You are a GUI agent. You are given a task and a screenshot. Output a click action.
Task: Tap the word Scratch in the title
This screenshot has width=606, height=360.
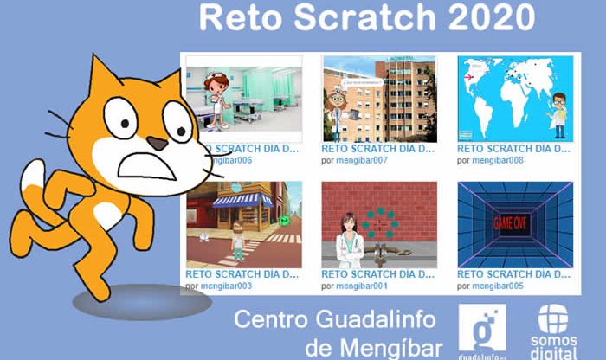(368, 18)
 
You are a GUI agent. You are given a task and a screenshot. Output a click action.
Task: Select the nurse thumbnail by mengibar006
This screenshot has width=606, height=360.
(244, 97)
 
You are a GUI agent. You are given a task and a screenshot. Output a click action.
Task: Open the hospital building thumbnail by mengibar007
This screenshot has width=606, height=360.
(379, 97)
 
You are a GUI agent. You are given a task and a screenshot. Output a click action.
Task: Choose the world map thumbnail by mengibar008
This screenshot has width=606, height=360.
(514, 97)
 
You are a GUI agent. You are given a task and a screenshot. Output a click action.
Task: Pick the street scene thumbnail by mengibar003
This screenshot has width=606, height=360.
(244, 223)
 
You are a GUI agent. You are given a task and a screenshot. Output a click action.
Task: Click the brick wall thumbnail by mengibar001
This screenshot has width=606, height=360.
(379, 223)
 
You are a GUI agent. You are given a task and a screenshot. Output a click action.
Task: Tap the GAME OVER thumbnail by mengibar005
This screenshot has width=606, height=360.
(514, 223)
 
